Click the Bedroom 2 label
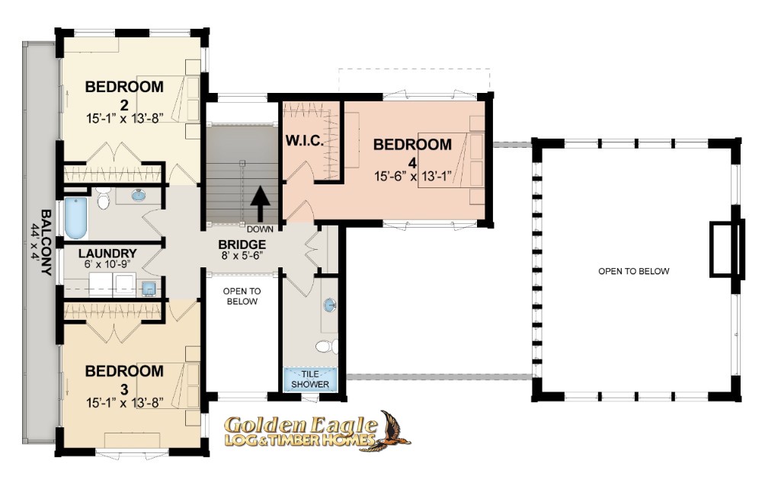(x=124, y=95)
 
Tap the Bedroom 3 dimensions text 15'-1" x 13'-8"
(x=124, y=403)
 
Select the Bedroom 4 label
(x=412, y=152)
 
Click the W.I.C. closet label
(x=304, y=142)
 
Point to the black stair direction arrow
(x=261, y=203)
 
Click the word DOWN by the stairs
(x=260, y=229)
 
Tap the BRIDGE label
(x=242, y=244)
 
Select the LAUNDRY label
(x=107, y=254)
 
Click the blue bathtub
(x=76, y=218)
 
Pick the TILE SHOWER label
(x=310, y=379)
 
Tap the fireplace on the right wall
(x=728, y=249)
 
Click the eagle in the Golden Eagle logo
(x=392, y=431)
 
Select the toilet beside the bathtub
(x=103, y=198)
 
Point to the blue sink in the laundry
(x=149, y=289)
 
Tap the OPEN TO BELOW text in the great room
(x=634, y=271)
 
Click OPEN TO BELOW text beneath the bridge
(x=242, y=296)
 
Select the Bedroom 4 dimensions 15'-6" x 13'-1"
(x=412, y=176)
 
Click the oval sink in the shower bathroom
(x=329, y=305)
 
